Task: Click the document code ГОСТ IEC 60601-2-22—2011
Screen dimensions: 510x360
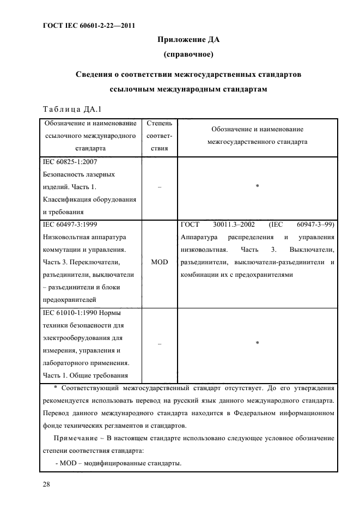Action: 88,26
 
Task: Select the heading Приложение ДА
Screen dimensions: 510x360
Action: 188,39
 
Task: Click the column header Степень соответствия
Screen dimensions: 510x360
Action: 159,138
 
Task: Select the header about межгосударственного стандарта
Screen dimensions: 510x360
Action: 257,135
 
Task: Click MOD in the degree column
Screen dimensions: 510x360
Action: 159,262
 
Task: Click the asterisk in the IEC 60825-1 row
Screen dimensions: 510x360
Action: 257,187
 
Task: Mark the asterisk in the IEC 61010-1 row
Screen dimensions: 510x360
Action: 257,343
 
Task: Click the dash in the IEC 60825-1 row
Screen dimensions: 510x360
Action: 159,187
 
